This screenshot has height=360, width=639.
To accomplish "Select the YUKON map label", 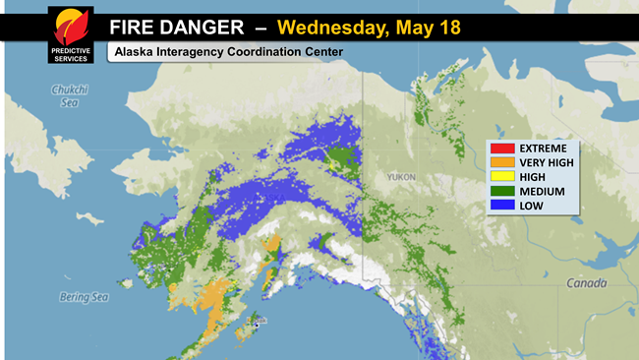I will [400, 177].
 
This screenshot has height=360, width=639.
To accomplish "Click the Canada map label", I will [586, 282].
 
